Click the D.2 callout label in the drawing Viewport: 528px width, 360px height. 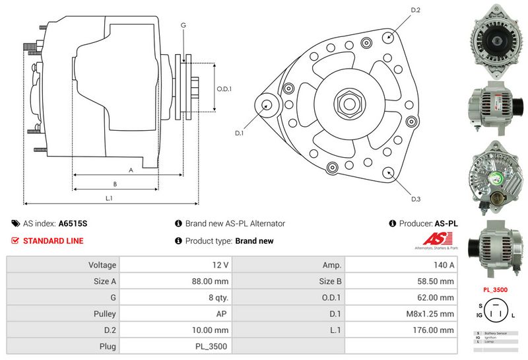click(x=416, y=10)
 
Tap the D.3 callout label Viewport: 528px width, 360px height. click(x=416, y=199)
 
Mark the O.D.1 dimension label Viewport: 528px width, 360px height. click(x=224, y=89)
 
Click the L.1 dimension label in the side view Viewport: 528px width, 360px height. click(x=110, y=198)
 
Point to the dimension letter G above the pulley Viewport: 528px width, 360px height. click(x=183, y=25)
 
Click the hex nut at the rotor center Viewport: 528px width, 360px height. click(x=348, y=103)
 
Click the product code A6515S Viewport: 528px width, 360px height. click(x=73, y=224)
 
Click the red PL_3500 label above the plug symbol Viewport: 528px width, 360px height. click(x=494, y=289)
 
